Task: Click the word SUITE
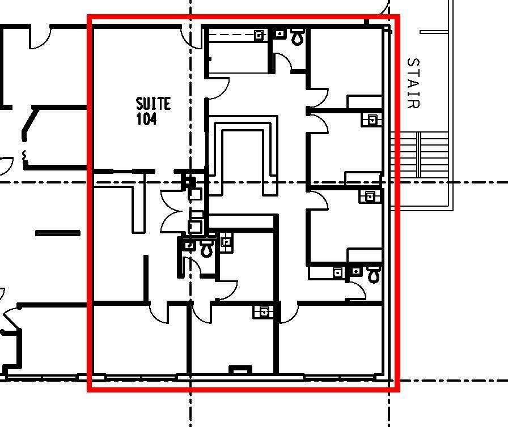pyautogui.click(x=153, y=104)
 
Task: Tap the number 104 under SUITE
pyautogui.click(x=146, y=119)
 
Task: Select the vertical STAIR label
pyautogui.click(x=414, y=83)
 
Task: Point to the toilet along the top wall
pyautogui.click(x=298, y=37)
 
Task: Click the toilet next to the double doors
pyautogui.click(x=206, y=249)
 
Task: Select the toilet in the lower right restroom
pyautogui.click(x=374, y=274)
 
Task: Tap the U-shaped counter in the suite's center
pyautogui.click(x=243, y=155)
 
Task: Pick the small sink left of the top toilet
pyautogui.click(x=281, y=33)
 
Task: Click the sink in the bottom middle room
pyautogui.click(x=264, y=312)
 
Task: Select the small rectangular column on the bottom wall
pyautogui.click(x=240, y=369)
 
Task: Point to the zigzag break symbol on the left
pyautogui.click(x=24, y=156)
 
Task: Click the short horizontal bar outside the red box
pyautogui.click(x=58, y=233)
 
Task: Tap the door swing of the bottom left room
pyautogui.click(x=159, y=313)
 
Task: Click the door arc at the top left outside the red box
pyautogui.click(x=40, y=38)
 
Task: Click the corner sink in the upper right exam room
pyautogui.click(x=371, y=119)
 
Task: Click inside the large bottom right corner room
pyautogui.click(x=331, y=340)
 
